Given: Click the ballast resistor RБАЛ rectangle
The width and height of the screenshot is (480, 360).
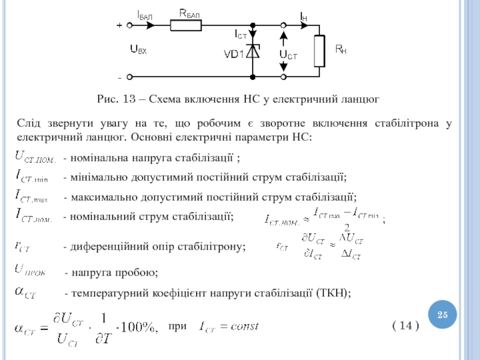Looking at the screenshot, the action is coord(186,25).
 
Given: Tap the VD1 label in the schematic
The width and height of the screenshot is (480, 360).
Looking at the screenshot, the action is coord(233,54).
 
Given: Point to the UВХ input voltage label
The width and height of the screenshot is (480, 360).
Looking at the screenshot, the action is coord(139,50).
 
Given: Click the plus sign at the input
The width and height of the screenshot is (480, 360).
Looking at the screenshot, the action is coord(119,25).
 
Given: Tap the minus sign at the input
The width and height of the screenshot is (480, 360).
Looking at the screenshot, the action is coord(119,77).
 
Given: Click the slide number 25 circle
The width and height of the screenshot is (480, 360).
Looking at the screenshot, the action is coord(443,315).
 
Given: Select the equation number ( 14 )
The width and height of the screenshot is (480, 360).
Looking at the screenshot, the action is coord(406,326).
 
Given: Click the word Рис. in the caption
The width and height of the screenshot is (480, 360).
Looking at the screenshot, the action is coord(109,98).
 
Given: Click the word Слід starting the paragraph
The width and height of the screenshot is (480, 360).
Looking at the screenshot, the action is coord(28,124).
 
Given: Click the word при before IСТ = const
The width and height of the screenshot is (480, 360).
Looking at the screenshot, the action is coord(178,326).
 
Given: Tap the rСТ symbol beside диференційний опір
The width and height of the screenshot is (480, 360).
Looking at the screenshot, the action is coord(26,245).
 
